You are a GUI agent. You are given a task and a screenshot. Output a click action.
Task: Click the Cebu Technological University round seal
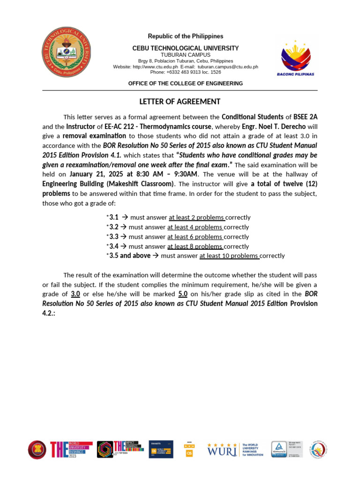[x=66, y=52]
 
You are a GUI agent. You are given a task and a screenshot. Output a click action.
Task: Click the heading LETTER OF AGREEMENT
[x=180, y=102]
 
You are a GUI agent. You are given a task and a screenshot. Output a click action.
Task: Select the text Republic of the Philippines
[x=186, y=37]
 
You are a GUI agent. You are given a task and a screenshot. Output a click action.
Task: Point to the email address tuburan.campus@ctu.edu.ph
[x=228, y=67]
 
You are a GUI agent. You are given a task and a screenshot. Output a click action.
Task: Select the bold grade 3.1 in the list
[x=113, y=217]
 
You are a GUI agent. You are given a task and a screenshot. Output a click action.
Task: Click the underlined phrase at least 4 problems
[x=195, y=227]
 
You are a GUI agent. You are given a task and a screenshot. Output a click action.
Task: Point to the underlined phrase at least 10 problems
[x=229, y=256]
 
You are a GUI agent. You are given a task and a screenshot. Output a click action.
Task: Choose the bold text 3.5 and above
[x=130, y=256]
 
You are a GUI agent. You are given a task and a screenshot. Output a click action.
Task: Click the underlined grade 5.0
[x=183, y=294]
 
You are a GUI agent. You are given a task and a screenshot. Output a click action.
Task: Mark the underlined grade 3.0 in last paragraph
[x=75, y=294]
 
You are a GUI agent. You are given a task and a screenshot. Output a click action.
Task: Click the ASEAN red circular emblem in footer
[x=37, y=449]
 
